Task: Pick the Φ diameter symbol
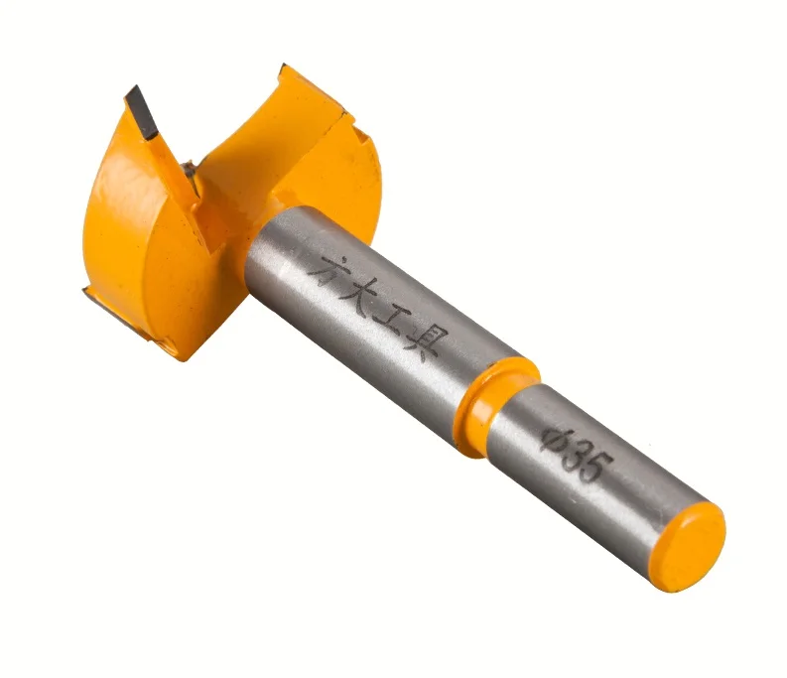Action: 553,436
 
